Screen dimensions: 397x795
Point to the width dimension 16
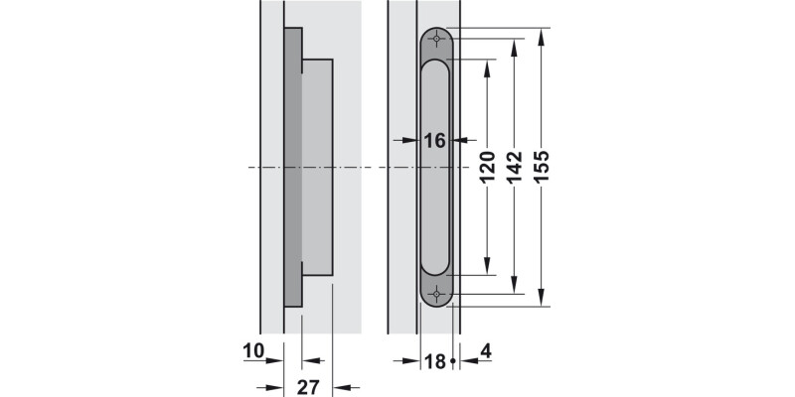[x=434, y=141]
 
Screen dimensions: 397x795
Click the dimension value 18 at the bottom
[x=434, y=361]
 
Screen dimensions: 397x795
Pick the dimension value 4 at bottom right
[x=484, y=350]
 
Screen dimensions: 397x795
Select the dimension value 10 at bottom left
[x=252, y=350]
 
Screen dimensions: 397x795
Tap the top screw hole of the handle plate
[x=436, y=40]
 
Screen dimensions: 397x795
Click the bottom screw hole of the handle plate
[x=436, y=294]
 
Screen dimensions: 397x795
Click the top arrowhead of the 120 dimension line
[x=488, y=66]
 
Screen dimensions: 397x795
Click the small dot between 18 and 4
[x=453, y=361]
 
